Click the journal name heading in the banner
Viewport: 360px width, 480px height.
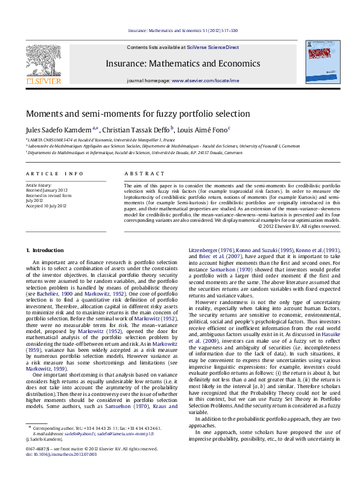pyautogui.click(x=182, y=63)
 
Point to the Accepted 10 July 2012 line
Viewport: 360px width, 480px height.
pyautogui.click(x=46, y=206)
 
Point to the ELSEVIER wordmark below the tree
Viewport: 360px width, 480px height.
pyautogui.click(x=43, y=81)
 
